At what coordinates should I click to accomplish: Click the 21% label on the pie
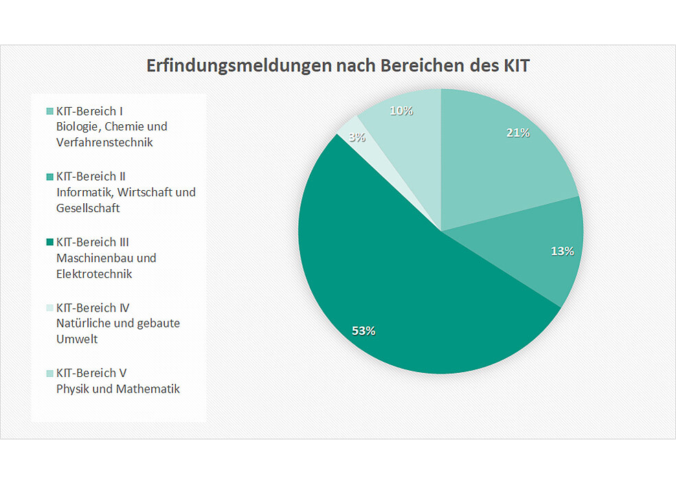coord(517,133)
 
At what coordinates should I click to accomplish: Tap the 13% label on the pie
coord(562,251)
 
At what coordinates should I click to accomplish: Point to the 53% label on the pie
coord(363,331)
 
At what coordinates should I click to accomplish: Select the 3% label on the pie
coord(357,137)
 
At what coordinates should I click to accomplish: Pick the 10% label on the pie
coord(401,110)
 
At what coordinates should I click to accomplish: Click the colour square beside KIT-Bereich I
coord(49,111)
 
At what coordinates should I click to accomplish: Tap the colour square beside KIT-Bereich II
coord(49,176)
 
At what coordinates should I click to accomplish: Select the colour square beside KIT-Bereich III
coord(49,242)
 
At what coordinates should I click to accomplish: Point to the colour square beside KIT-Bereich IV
coord(49,308)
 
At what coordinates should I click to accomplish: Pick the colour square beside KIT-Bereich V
coord(49,373)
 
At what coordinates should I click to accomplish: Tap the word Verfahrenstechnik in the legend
coord(104,143)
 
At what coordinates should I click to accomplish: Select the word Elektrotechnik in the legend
coord(94,274)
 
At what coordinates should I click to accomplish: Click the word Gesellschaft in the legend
coord(89,208)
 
